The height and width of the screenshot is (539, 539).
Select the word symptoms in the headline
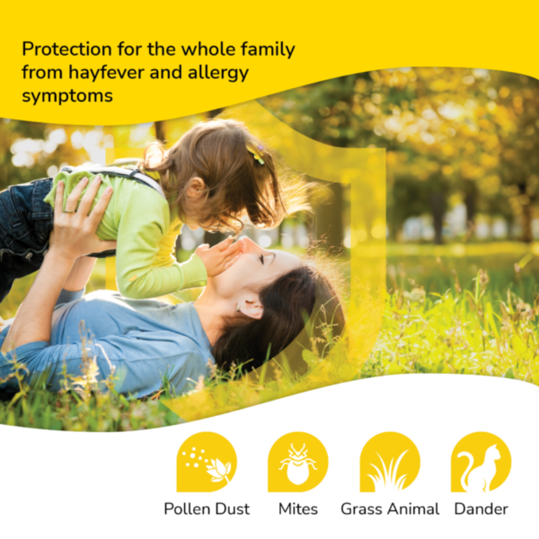pos(67,96)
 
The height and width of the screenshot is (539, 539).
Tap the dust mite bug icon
pos(298,462)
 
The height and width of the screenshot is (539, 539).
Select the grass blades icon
pos(389,464)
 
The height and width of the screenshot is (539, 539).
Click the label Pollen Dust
pos(207,508)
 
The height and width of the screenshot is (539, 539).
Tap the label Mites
pos(298,508)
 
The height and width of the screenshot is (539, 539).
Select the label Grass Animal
pos(390,508)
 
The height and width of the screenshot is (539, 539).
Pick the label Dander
pos(481,508)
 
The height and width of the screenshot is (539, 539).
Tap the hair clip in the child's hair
pos(255,154)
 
